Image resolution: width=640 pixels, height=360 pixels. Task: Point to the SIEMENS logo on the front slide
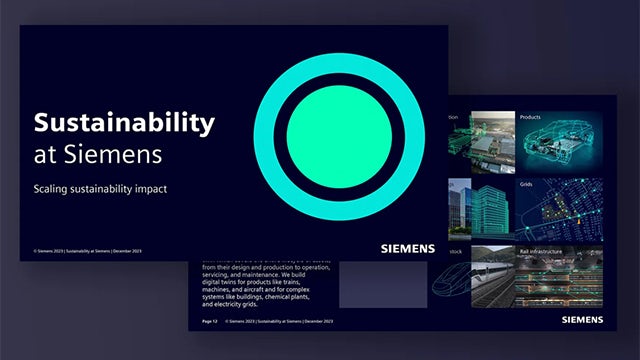coord(407,247)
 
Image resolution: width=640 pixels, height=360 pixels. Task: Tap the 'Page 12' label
coord(210,322)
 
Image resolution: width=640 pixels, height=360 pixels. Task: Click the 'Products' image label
coord(530,118)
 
